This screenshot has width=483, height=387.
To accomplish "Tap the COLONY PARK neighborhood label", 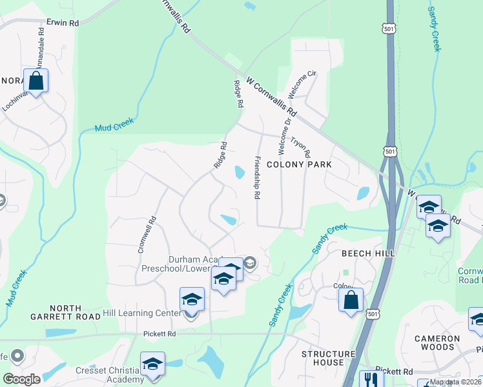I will (x=299, y=164).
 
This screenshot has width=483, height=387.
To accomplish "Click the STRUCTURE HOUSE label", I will (x=329, y=358).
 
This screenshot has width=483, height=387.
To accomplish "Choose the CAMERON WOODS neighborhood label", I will (x=437, y=342).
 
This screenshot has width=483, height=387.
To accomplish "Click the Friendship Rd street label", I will (x=258, y=177).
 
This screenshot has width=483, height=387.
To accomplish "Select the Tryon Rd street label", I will (x=302, y=147).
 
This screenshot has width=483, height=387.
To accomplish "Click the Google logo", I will (x=21, y=379).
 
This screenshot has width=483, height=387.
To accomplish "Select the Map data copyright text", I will (x=456, y=382).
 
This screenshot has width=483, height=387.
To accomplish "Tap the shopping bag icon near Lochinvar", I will (x=36, y=81).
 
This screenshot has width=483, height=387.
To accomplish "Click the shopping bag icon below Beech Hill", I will (x=351, y=300).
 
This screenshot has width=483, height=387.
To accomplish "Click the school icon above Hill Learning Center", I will (x=192, y=300).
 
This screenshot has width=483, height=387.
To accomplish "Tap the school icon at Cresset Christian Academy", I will (x=152, y=364).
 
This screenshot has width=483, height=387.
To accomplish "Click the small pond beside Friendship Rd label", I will (x=240, y=172).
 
